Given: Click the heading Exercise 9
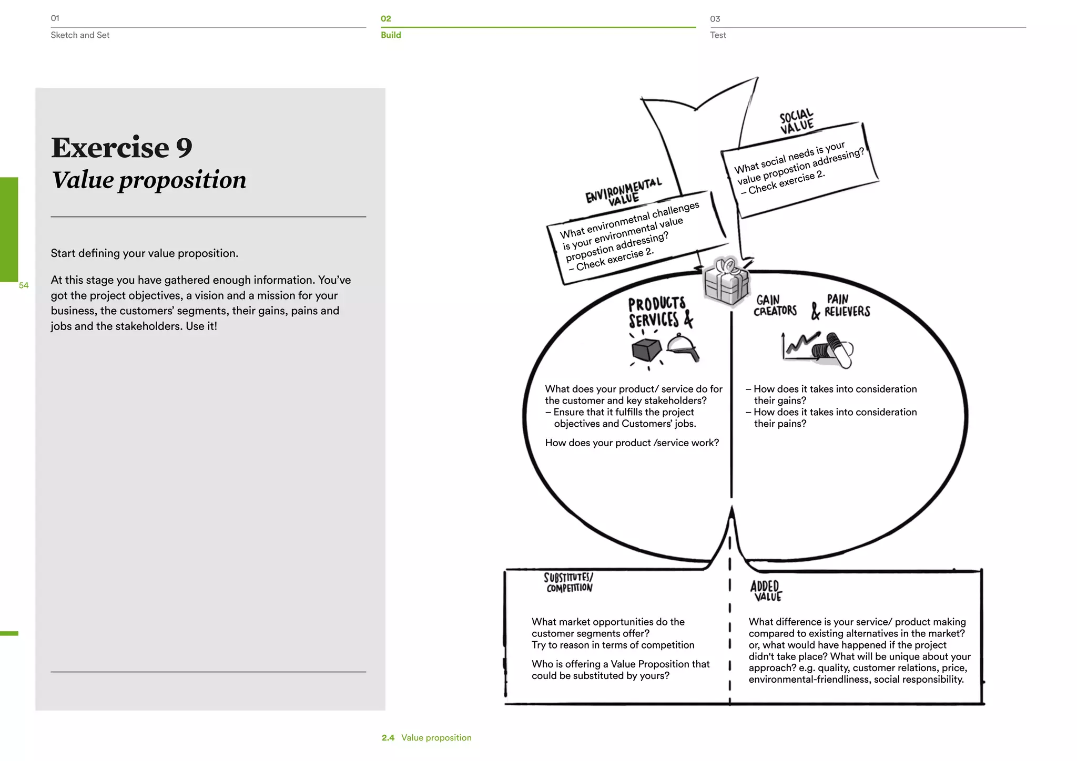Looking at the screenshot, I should coord(121,148).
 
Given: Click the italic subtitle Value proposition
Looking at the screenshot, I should coord(149,180).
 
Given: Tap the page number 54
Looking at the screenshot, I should coord(24,285).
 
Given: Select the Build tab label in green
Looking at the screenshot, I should coord(391,35).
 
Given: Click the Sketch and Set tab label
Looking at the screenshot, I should coord(80,35).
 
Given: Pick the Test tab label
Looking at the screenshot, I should coord(718,35).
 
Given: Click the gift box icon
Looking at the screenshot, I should coord(726,282).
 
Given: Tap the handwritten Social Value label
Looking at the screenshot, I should coord(796,121).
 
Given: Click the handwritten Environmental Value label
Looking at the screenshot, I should coord(624,192).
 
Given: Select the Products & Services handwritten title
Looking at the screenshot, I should coord(659,312).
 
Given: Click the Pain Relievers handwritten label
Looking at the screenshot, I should coord(846,306).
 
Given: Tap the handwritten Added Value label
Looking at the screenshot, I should coord(766,591).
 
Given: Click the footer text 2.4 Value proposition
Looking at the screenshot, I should coord(426,738).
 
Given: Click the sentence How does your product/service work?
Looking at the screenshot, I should coord(632,443).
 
